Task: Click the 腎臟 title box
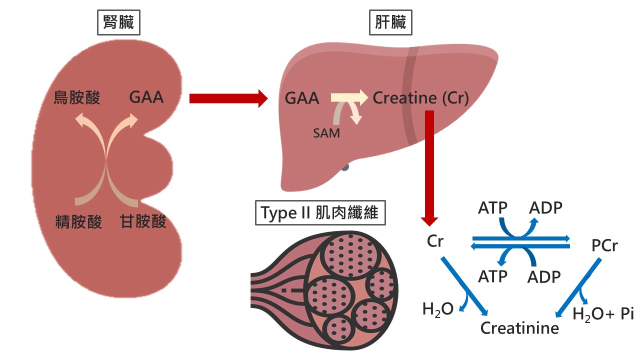point(118,22)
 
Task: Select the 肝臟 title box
point(390,22)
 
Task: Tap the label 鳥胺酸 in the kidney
point(77,97)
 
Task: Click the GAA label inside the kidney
point(146,97)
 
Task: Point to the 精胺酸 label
point(78,221)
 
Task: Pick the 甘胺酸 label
point(143,221)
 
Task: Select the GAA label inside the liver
point(302,98)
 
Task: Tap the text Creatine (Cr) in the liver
point(421,98)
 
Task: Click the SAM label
point(327,133)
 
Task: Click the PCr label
point(604,246)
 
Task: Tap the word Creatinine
point(519,328)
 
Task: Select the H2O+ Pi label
point(602,314)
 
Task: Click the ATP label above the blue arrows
point(492,207)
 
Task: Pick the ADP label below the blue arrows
point(545,276)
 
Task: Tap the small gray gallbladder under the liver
point(345,168)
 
